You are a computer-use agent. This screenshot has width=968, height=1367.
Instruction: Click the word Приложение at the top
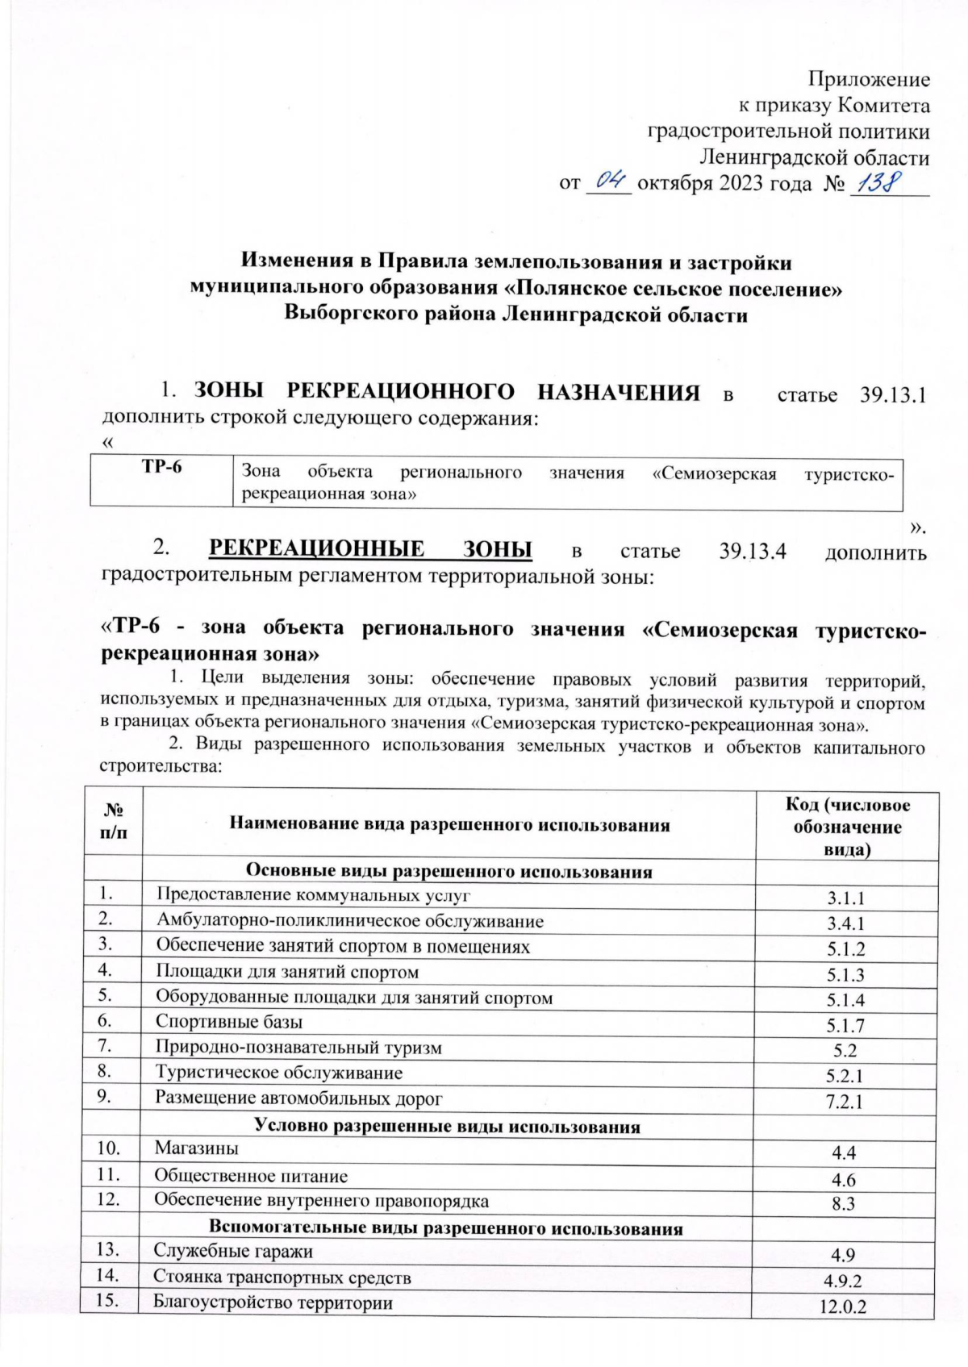[x=869, y=79]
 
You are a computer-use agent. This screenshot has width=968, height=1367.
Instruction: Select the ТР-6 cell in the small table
[x=161, y=468]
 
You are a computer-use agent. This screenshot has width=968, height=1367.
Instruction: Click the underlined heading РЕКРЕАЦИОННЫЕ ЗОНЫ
[x=370, y=549]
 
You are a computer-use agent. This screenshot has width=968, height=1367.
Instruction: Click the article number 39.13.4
[x=752, y=551]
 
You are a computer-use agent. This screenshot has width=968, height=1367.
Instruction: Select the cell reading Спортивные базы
[x=229, y=1022]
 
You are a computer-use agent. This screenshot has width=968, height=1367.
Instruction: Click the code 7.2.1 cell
[x=845, y=1102]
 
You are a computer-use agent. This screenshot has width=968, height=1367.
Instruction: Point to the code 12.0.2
[x=843, y=1307]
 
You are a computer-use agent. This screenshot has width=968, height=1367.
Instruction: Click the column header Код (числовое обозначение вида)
[x=847, y=827]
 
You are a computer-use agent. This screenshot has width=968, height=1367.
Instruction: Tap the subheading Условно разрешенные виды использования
[x=448, y=1127]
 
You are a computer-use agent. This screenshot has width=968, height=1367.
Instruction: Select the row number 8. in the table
[x=105, y=1072]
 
